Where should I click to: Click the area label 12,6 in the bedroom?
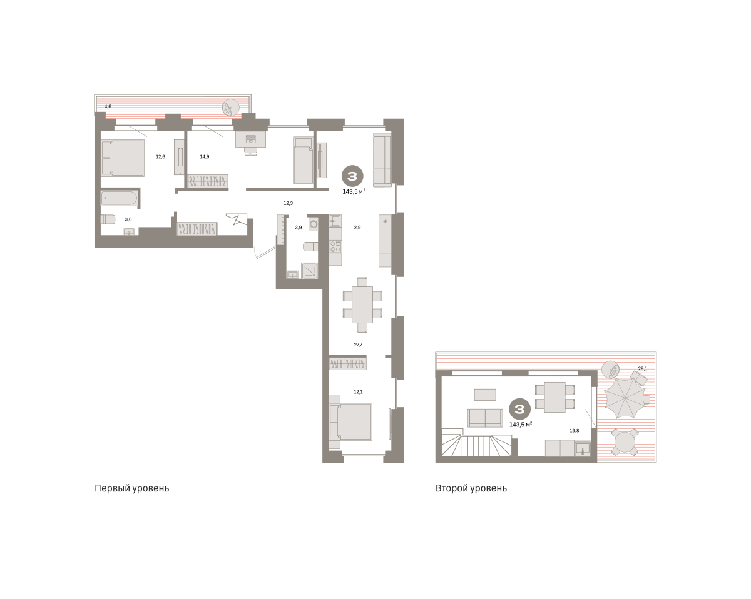pyautogui.click(x=160, y=157)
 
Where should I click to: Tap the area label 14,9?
pyautogui.click(x=205, y=157)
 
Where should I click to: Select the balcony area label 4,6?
pyautogui.click(x=108, y=106)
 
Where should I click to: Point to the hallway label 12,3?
pyautogui.click(x=289, y=203)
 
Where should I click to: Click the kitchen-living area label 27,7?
pyautogui.click(x=358, y=345)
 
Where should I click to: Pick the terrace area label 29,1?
pyautogui.click(x=643, y=368)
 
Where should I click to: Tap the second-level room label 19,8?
pyautogui.click(x=575, y=431)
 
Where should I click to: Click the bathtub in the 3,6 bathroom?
pyautogui.click(x=119, y=198)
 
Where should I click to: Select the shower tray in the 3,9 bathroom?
pyautogui.click(x=310, y=271)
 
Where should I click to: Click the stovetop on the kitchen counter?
pyautogui.click(x=335, y=246)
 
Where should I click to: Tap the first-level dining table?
pyautogui.click(x=362, y=305)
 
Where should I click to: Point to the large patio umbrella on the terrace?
pyautogui.click(x=625, y=398)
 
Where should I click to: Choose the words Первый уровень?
pyautogui.click(x=132, y=488)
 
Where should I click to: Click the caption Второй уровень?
pyautogui.click(x=471, y=488)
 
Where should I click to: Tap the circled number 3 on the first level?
pyautogui.click(x=352, y=176)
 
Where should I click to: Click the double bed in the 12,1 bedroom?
pyautogui.click(x=350, y=421)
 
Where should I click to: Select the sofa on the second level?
pyautogui.click(x=485, y=418)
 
